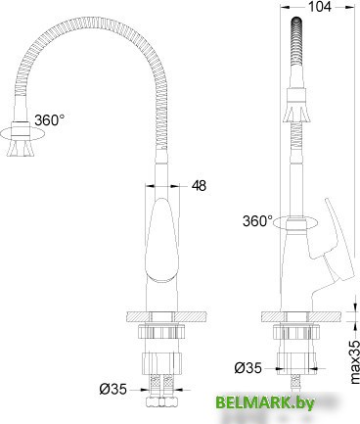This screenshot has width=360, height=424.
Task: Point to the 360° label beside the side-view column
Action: tap(258, 220)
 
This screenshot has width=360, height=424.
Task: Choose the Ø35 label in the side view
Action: tap(248, 368)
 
